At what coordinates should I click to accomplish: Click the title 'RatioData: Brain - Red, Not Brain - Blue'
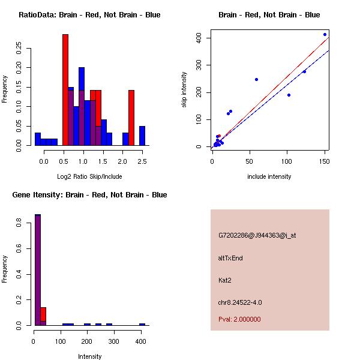89,15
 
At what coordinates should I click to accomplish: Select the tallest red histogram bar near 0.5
65,90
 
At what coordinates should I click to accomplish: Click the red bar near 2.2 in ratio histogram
131,118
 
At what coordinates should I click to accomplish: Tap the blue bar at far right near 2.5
142,136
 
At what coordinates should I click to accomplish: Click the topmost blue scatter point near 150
325,35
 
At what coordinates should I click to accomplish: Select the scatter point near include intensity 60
256,79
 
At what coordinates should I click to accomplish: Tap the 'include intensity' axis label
269,176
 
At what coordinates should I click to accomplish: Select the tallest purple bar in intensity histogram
37,270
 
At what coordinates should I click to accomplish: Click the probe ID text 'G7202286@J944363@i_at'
257,235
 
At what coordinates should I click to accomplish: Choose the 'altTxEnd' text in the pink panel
230,258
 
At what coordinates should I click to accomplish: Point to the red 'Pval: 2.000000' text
239,319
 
